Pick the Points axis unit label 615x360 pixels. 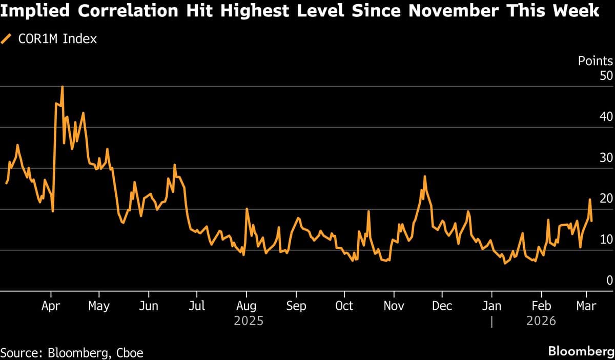pos(595,61)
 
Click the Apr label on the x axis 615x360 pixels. pos(51,306)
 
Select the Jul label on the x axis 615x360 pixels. pos(197,306)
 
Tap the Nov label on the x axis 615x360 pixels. pos(393,306)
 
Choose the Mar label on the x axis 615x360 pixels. pos(586,306)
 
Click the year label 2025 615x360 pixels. pos(249,321)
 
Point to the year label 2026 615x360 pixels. pos(541,321)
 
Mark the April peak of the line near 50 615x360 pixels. pos(62,87)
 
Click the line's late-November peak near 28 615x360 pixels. pos(424,176)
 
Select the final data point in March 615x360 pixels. pos(592,221)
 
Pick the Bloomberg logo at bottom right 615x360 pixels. pos(581,352)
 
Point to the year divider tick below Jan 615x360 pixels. pos(491,322)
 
